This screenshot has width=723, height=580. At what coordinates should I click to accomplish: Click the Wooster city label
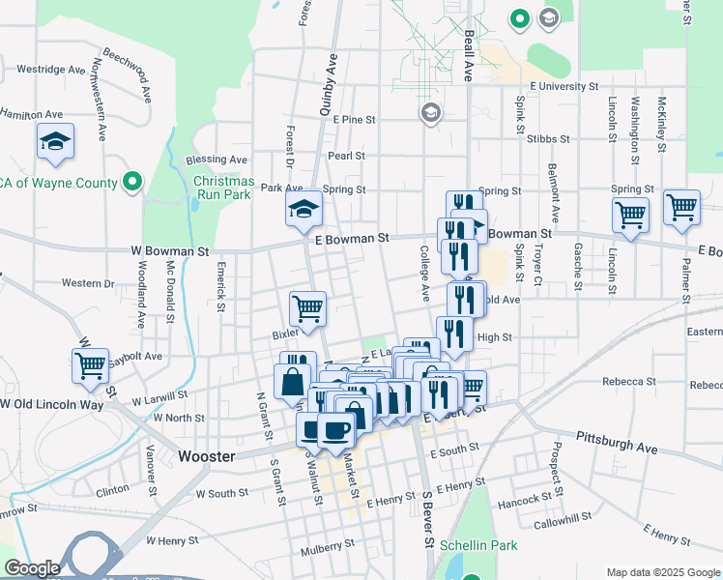[x=207, y=455]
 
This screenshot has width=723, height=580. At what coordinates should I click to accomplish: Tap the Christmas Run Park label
[x=223, y=188]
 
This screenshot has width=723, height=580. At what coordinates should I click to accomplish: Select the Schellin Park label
[x=477, y=545]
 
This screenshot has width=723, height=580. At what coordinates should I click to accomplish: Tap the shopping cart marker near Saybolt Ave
[x=90, y=364]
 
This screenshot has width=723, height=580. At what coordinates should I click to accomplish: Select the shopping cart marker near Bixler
[x=307, y=308]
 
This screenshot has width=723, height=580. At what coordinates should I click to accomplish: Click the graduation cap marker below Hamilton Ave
[x=55, y=141]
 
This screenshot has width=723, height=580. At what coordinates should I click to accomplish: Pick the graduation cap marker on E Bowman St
[x=304, y=208]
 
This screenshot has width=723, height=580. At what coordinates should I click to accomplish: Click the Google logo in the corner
[x=32, y=568]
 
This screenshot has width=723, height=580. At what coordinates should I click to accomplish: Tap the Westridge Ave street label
[x=51, y=70]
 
